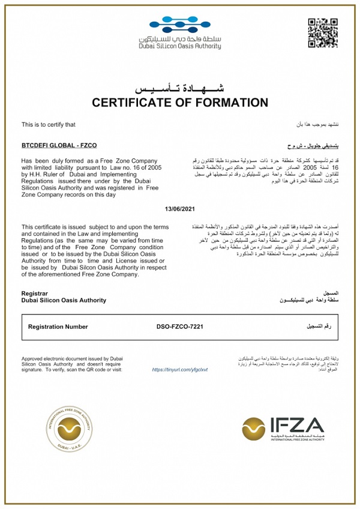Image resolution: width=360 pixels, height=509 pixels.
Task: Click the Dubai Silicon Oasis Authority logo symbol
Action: tap(179, 27)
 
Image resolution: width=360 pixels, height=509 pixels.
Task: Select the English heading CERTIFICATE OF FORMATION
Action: tap(180, 102)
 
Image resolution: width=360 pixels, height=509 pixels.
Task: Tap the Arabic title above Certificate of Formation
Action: tap(180, 88)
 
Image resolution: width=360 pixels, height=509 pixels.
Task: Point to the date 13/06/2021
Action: tap(180, 208)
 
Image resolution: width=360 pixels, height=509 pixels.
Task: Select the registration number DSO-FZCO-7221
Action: tap(181, 327)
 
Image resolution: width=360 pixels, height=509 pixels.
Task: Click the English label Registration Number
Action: tap(58, 327)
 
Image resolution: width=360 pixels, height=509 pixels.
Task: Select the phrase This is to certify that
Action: tap(49, 125)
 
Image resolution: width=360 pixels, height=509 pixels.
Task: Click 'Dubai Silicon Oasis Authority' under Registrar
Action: tap(64, 300)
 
